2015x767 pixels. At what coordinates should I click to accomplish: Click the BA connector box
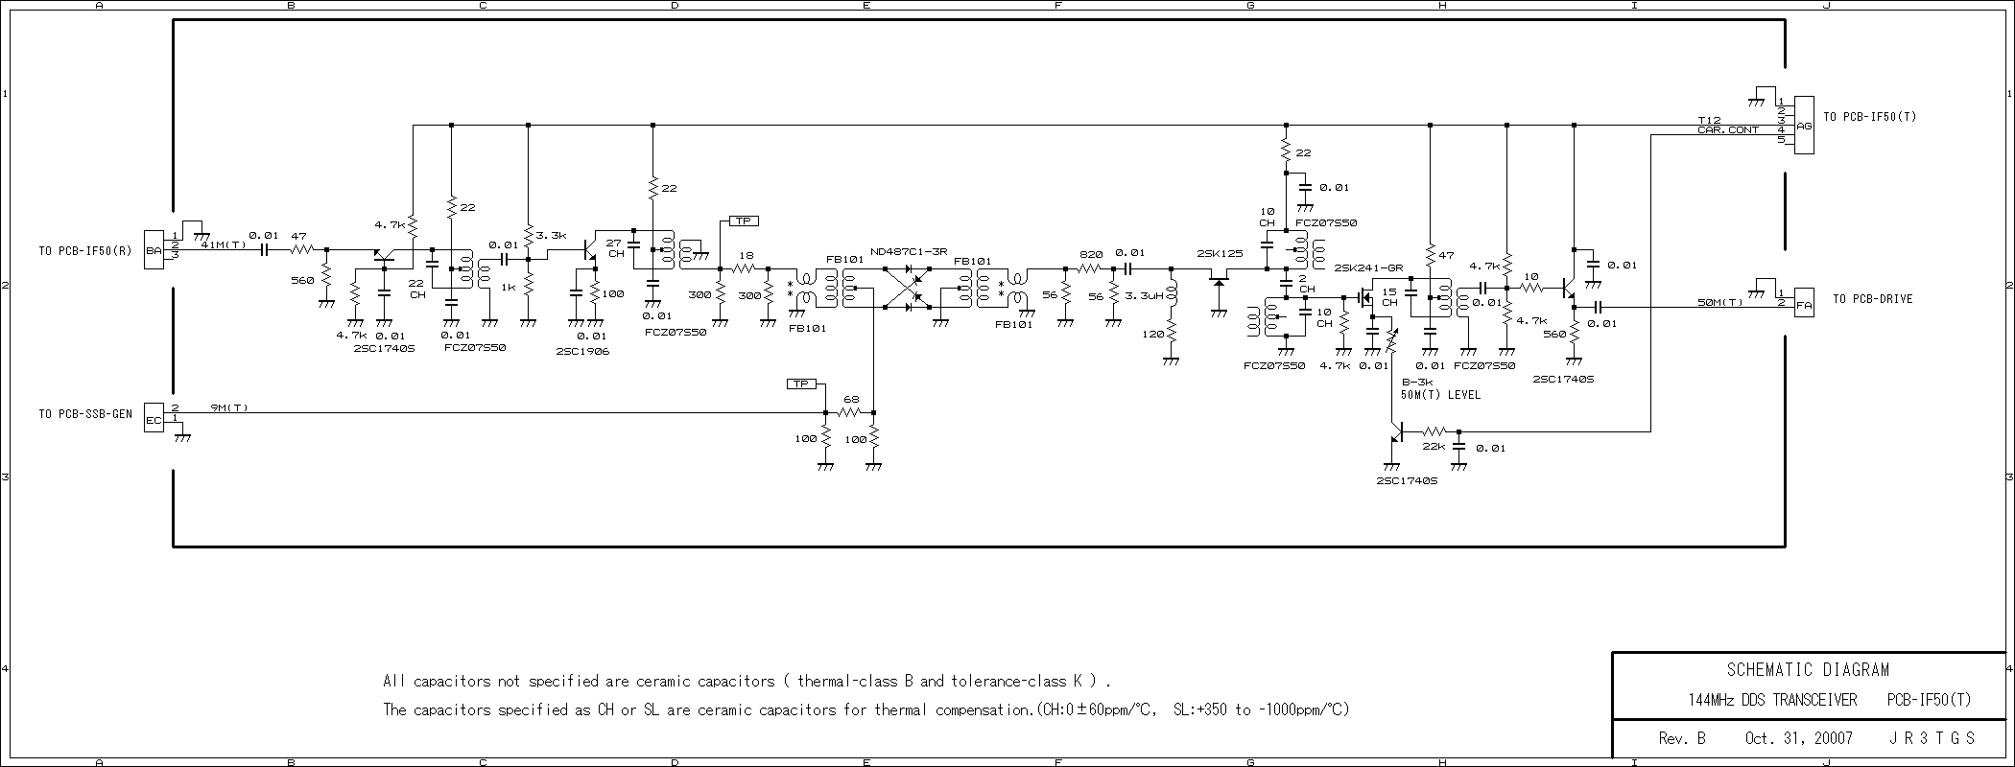[x=154, y=250]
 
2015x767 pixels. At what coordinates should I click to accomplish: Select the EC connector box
[x=154, y=417]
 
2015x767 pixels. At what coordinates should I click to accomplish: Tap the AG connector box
[x=1804, y=126]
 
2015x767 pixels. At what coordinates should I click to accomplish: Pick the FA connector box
[x=1804, y=303]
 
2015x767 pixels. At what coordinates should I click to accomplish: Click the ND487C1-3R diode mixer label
[x=909, y=251]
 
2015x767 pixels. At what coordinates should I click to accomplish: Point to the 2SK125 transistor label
[x=1220, y=253]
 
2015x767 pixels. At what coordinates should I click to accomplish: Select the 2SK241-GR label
[x=1368, y=268]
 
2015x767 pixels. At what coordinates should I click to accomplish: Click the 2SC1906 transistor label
[x=582, y=351]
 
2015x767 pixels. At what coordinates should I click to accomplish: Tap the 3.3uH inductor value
[x=1144, y=295]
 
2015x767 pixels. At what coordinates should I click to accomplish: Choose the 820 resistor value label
[x=1091, y=255]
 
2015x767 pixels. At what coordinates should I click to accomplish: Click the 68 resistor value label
[x=850, y=399]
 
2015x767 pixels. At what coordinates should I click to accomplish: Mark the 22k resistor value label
[x=1434, y=446]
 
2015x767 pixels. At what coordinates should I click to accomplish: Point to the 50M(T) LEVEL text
[x=1440, y=394]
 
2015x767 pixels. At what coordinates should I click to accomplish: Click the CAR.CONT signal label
[x=1728, y=129]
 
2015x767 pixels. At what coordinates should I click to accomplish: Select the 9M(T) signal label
[x=228, y=407]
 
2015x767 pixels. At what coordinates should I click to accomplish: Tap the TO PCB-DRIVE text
[x=1872, y=299]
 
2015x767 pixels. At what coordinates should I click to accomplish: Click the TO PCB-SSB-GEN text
[x=85, y=414]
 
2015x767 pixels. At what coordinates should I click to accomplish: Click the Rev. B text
[x=1682, y=738]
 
